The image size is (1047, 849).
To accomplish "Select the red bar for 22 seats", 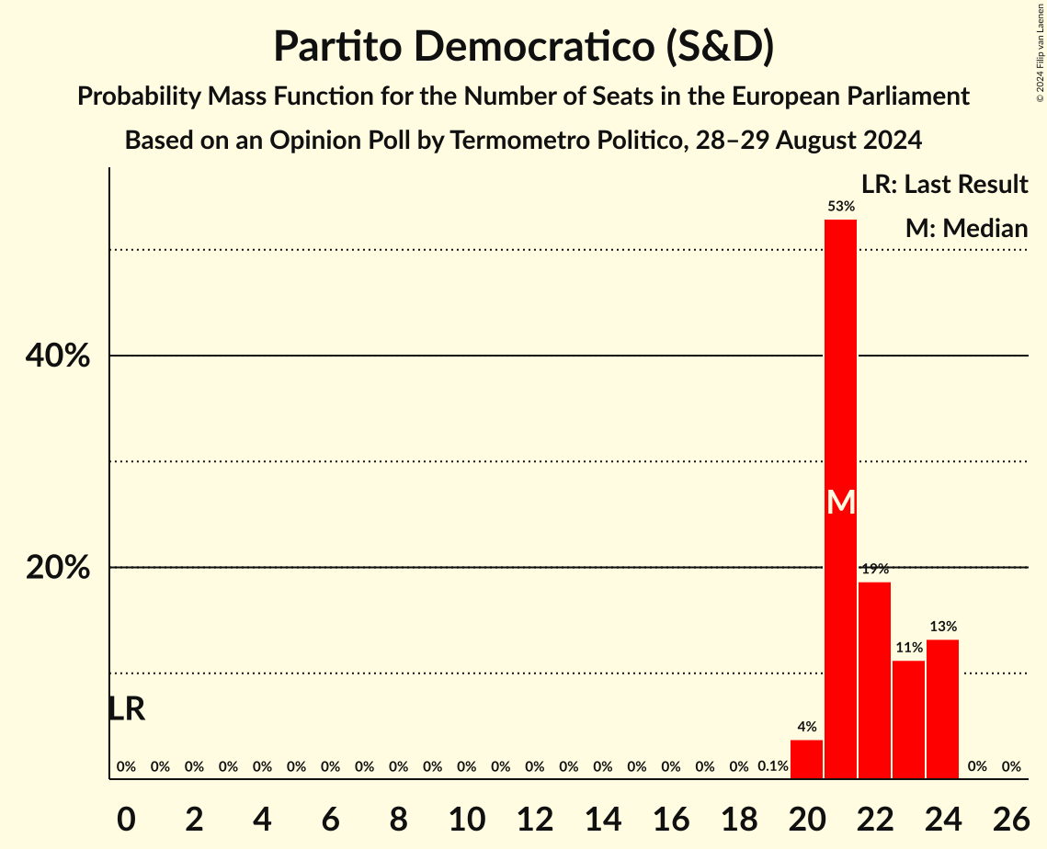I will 874,680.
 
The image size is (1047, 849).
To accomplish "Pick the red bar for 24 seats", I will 942,708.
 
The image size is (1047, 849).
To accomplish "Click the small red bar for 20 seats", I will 806,759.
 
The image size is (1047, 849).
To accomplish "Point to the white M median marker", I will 840,502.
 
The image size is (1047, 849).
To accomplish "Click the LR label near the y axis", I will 126,708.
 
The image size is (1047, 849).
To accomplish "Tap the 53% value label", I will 840,206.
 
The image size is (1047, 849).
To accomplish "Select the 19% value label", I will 874,569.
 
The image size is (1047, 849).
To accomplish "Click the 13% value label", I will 942,627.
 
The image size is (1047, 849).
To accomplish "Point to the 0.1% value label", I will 772,766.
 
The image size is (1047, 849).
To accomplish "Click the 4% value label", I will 806,727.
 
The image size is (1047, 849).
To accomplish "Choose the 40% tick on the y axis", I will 57,356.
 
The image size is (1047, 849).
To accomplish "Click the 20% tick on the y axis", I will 57,568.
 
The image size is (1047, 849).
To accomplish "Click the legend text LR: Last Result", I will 944,185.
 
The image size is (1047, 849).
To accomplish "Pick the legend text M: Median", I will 965,228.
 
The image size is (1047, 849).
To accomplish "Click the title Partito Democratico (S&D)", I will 523,46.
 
